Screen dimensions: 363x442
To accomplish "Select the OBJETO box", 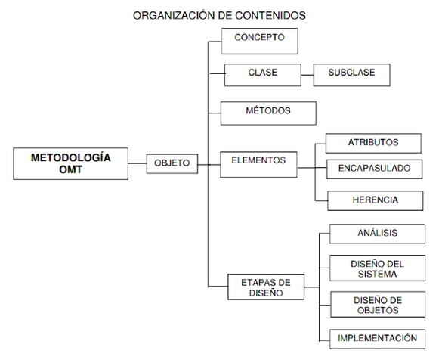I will (172, 163).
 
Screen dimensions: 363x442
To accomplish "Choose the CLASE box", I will (262, 74).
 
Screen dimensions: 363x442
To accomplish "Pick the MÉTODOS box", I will (267, 112).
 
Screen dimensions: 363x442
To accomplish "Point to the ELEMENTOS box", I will (258, 162).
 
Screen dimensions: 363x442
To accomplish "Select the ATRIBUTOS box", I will (373, 143).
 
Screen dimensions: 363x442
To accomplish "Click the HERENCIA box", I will (375, 200).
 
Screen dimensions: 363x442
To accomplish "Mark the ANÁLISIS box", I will (377, 234).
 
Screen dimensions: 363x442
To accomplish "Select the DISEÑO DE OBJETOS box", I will (377, 304).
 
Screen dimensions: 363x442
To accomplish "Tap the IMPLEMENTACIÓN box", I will (377, 339).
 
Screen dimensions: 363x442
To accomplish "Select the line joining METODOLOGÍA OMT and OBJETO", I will (137, 163).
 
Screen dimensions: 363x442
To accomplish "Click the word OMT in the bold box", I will (70, 170).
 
